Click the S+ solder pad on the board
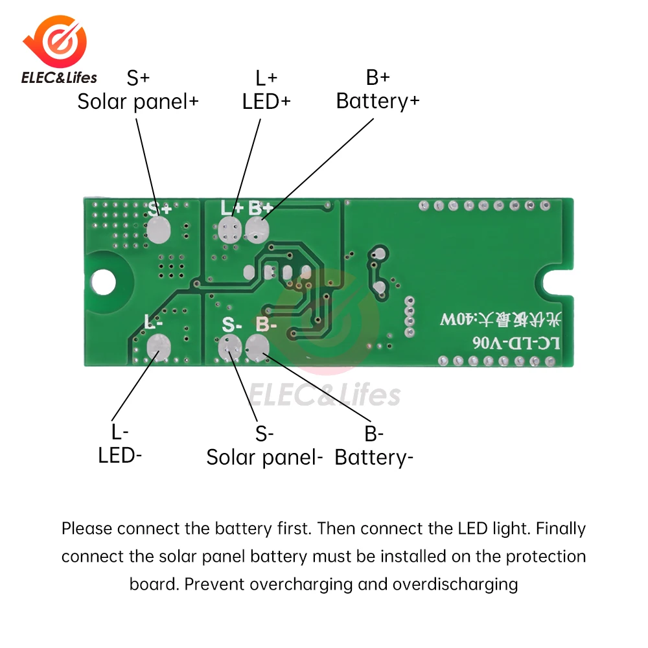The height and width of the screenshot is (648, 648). click(x=157, y=230)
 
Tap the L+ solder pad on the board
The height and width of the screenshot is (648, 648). click(x=228, y=230)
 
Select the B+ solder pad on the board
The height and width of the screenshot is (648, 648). click(x=257, y=229)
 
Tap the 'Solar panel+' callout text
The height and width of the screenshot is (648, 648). click(x=138, y=102)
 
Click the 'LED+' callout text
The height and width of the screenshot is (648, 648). click(x=266, y=102)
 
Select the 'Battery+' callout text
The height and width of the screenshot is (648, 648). click(x=378, y=102)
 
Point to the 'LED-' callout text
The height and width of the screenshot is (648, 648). click(x=120, y=455)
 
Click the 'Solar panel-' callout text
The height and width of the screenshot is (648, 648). click(x=264, y=457)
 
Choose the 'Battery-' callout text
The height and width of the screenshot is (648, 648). click(x=374, y=457)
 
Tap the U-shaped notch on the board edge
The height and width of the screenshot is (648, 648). click(x=557, y=283)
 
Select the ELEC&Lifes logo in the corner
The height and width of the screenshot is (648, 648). click(x=58, y=52)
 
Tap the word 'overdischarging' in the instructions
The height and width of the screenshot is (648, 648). click(x=457, y=584)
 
